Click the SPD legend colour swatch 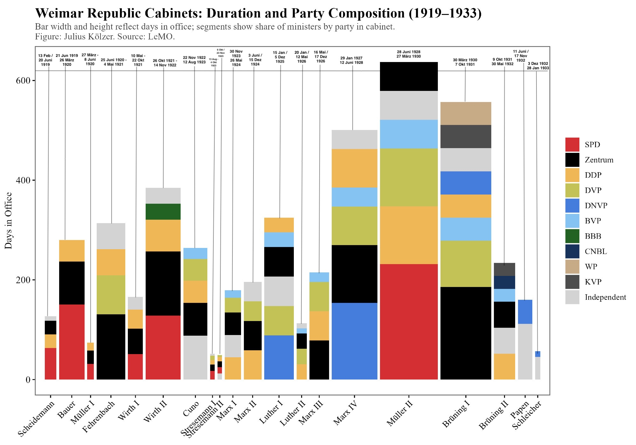[x=572, y=145]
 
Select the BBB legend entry [x=593, y=236]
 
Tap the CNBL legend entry [x=596, y=251]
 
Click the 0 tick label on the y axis [x=28, y=380]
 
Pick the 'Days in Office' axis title [x=9, y=221]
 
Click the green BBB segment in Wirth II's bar [x=163, y=212]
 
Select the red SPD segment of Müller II [x=409, y=322]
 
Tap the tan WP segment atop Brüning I [x=466, y=113]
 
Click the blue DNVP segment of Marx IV [x=354, y=341]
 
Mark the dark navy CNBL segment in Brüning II [x=504, y=282]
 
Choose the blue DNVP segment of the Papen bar [x=525, y=312]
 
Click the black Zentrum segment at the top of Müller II [x=409, y=77]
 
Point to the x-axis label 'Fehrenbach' [x=99, y=416]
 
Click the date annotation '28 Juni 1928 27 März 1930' [x=409, y=54]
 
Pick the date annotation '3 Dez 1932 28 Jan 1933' [x=538, y=66]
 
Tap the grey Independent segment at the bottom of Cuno [x=195, y=358]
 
